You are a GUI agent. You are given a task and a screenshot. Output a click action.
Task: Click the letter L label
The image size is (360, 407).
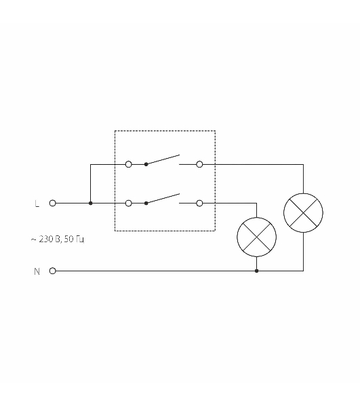point(37,203)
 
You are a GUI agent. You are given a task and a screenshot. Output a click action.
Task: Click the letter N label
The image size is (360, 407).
point(37,271)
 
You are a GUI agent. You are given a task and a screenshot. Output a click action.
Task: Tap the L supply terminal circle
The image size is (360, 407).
point(52,203)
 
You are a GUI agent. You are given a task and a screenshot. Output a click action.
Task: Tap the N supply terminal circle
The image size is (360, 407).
point(52,271)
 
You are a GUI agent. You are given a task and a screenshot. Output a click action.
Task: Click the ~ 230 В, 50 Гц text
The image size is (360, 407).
point(58,239)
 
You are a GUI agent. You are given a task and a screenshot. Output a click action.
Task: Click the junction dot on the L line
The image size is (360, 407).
point(91,203)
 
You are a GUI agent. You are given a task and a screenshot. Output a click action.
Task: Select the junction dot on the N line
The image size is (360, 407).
point(256,271)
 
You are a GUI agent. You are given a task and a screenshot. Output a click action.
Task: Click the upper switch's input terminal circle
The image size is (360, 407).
point(128,164)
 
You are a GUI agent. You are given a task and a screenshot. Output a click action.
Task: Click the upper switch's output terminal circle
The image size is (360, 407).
point(199,164)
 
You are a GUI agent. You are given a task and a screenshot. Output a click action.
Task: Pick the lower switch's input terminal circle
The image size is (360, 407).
point(128,203)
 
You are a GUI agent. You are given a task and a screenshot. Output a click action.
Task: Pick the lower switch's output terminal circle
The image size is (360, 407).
point(199,203)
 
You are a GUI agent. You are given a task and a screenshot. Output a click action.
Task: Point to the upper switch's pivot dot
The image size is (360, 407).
point(146,164)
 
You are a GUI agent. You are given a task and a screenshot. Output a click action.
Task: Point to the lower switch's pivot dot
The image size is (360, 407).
point(146,203)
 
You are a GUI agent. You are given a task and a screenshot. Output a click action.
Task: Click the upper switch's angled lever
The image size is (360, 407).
point(163,159)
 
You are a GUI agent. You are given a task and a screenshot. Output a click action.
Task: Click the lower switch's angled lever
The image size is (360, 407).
point(163,199)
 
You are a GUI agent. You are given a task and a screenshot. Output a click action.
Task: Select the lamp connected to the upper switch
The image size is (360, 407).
point(303,213)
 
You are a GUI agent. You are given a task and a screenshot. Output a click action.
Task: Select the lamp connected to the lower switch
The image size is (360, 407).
point(256,237)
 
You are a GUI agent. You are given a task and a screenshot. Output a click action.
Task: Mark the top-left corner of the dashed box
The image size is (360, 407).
point(115,130)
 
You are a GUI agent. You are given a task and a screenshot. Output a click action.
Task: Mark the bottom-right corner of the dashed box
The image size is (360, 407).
point(216,231)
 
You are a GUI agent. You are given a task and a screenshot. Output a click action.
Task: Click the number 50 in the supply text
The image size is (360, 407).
point(68,239)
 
